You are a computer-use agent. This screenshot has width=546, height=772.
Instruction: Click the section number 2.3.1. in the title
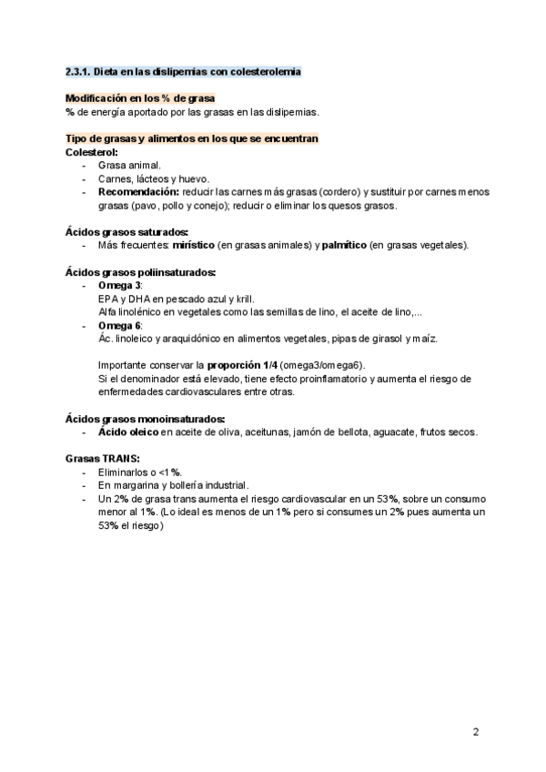pos(79,71)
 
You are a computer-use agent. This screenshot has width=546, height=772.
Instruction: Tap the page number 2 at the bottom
pos(476,732)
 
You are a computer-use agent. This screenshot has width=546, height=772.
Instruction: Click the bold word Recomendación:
pos(138,192)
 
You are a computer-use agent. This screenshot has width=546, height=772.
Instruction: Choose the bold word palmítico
pos(344,245)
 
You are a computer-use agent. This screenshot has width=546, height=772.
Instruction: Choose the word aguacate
pos(392,432)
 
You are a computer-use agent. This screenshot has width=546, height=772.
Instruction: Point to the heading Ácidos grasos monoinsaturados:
pos(145,418)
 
